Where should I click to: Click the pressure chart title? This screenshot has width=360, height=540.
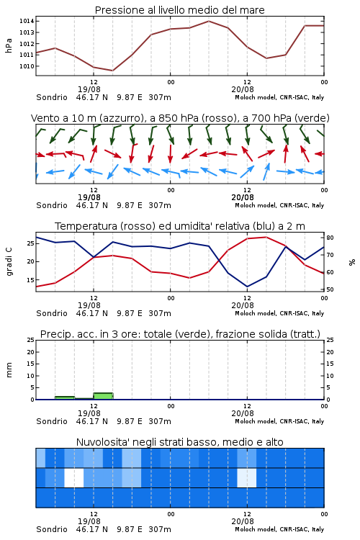(180, 10)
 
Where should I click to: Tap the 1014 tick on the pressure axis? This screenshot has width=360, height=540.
(27, 21)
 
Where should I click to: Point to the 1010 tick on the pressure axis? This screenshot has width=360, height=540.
(27, 66)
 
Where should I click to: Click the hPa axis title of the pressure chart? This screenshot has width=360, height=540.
(9, 45)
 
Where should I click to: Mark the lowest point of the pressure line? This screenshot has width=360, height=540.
(112, 71)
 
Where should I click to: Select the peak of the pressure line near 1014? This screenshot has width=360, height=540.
(209, 21)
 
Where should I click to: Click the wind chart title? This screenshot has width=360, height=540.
(180, 118)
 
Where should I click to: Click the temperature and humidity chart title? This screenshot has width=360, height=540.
(180, 226)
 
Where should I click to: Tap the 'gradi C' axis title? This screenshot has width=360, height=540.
(9, 261)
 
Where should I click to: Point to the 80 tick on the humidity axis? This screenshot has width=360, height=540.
(330, 238)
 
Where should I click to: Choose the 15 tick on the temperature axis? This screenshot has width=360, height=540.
(30, 280)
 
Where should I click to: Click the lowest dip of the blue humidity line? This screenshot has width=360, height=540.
(247, 287)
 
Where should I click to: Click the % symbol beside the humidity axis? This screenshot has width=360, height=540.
(352, 262)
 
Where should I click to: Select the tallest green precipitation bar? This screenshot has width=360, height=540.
(103, 396)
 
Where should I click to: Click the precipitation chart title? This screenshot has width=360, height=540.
(180, 334)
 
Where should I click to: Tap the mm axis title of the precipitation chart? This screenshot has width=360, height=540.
(9, 369)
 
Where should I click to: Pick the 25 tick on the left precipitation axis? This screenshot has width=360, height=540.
(30, 340)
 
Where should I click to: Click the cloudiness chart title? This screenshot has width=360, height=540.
(180, 442)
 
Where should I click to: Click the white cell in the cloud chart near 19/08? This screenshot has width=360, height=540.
(74, 477)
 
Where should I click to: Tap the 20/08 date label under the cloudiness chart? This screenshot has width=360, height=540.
(243, 521)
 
